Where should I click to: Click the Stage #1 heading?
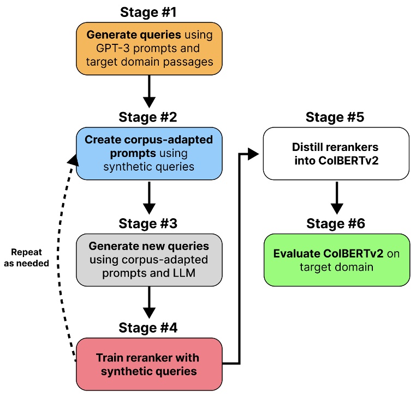click(x=148, y=11)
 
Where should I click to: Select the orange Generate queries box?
click(x=149, y=48)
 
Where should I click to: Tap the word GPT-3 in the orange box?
click(x=119, y=48)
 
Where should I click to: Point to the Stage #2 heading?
click(x=149, y=118)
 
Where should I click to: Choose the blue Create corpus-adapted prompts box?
click(x=149, y=154)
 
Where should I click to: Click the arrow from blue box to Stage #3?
click(x=149, y=198)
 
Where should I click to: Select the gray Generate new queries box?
click(x=149, y=260)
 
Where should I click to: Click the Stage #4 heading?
click(x=149, y=328)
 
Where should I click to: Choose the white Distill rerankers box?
click(x=336, y=154)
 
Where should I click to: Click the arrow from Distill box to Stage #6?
click(x=336, y=198)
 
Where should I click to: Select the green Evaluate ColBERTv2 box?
click(x=336, y=260)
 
